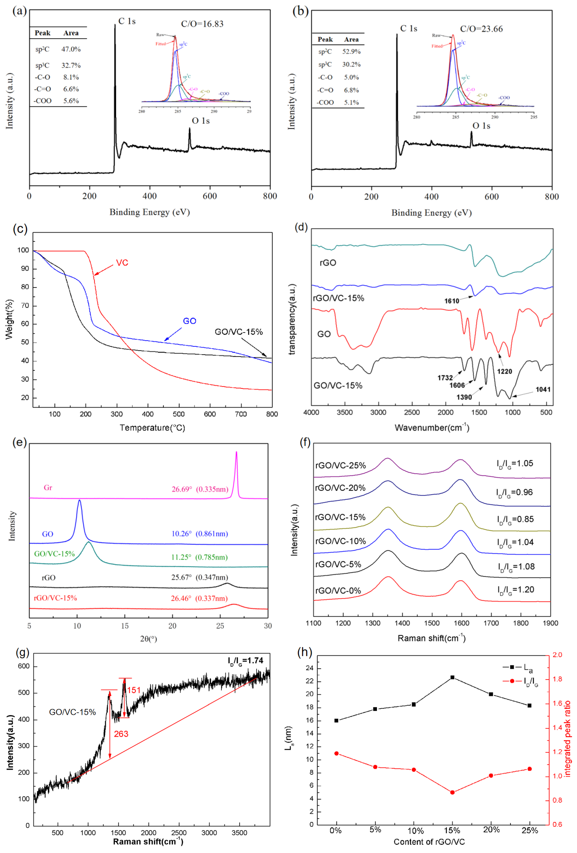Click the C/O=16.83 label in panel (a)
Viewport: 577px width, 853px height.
pyautogui.click(x=202, y=24)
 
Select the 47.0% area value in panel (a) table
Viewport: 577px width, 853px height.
pyautogui.click(x=71, y=49)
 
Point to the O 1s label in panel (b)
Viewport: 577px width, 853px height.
pyautogui.click(x=481, y=126)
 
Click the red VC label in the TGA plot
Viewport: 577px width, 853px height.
pyautogui.click(x=122, y=263)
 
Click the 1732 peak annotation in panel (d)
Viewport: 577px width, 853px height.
pyautogui.click(x=445, y=378)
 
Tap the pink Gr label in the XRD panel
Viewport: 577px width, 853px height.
pyautogui.click(x=48, y=488)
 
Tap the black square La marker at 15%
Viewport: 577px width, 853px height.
pyautogui.click(x=452, y=677)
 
